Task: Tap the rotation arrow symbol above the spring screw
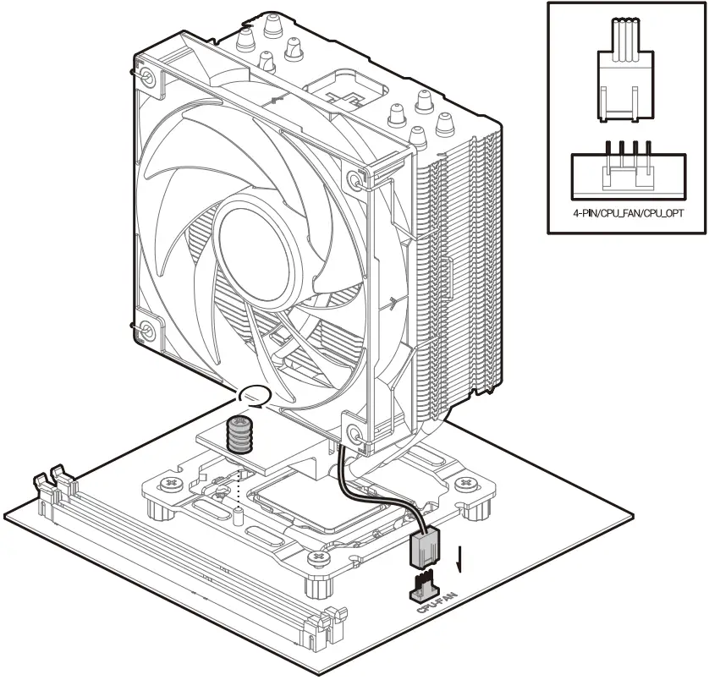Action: pyautogui.click(x=253, y=394)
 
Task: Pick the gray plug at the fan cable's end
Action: pyautogui.click(x=425, y=549)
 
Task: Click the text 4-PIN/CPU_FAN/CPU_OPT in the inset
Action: pyautogui.click(x=628, y=214)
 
